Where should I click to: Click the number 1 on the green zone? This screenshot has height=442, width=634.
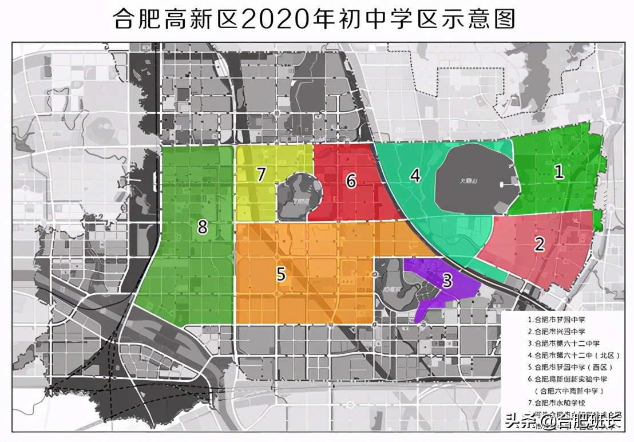(559, 172)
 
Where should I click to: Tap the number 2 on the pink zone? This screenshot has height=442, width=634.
(539, 244)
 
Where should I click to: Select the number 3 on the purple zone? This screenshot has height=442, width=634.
(447, 281)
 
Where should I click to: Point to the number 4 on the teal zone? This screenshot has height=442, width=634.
(415, 175)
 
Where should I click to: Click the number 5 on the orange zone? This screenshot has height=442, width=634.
(280, 274)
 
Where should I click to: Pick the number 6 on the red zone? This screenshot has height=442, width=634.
(351, 181)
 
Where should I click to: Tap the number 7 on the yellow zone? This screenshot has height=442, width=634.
(261, 174)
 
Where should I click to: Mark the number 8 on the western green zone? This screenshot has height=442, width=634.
(202, 227)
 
